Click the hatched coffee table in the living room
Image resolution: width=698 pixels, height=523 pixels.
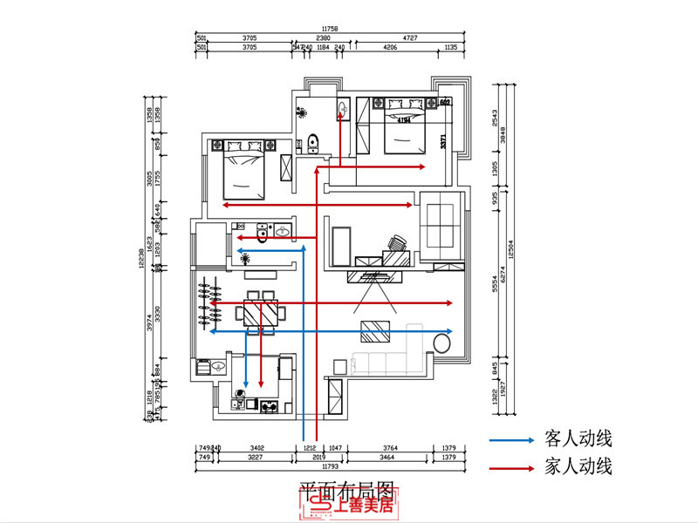376,331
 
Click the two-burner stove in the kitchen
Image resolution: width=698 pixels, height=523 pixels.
268,405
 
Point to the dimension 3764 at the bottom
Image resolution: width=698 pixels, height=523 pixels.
390,448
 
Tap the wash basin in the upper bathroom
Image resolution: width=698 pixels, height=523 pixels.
343,110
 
